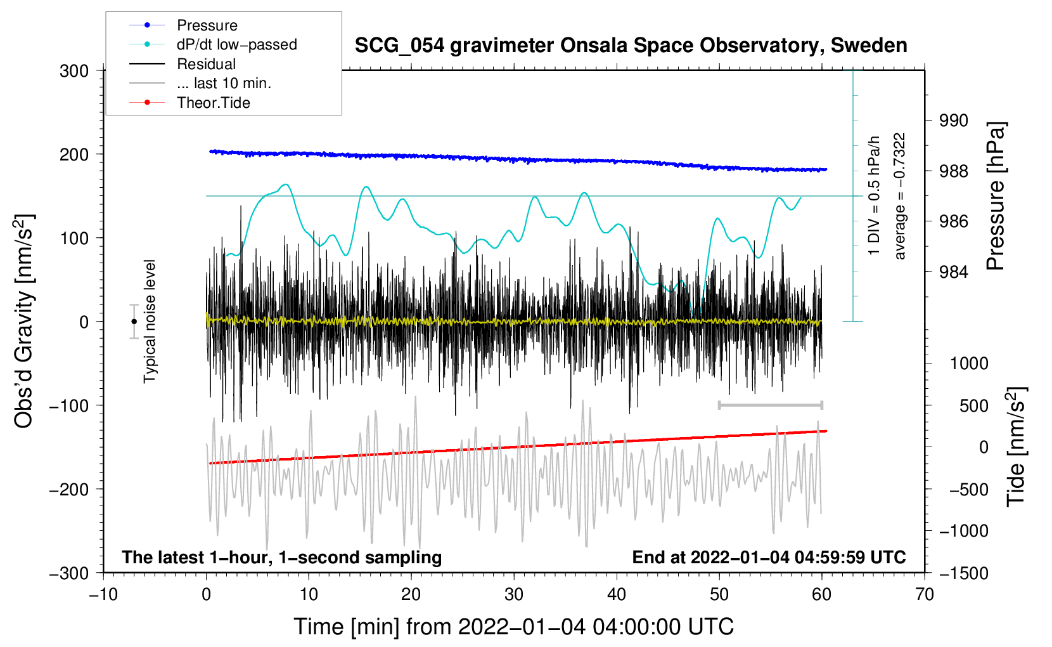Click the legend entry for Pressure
point(207,25)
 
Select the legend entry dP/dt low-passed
point(236,44)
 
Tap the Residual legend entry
point(206,64)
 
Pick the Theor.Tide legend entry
point(213,103)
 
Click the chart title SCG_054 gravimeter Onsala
point(631,46)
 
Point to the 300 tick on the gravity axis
point(74,71)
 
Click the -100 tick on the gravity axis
point(69,405)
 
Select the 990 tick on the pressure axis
point(954,121)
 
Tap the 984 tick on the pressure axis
point(954,272)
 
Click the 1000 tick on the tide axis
point(969,363)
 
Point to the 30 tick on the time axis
point(514,594)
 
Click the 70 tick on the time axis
point(925,594)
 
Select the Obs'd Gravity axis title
point(24,321)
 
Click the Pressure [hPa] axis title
point(996,196)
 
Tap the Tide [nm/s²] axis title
point(1017,446)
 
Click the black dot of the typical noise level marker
point(134,322)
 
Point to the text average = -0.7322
point(900,196)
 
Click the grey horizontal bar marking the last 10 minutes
point(770,405)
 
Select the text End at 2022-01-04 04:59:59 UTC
point(769,557)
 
